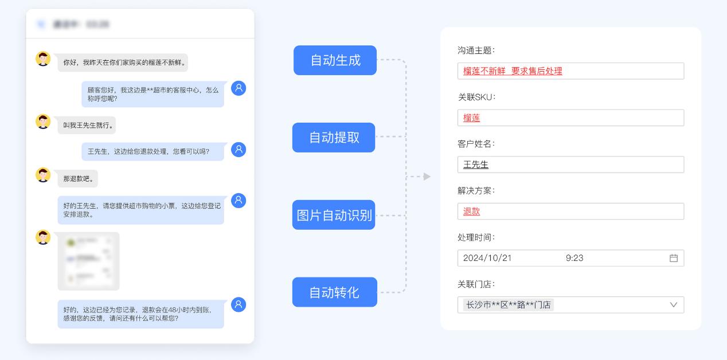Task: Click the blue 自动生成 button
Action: point(335,60)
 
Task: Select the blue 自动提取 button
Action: point(334,138)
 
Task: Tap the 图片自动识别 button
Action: point(334,215)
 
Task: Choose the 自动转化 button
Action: point(334,292)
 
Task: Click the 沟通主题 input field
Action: point(570,71)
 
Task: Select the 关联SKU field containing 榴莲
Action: point(570,118)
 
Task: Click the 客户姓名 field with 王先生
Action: point(570,165)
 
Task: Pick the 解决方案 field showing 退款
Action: point(570,212)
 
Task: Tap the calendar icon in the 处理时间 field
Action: point(674,258)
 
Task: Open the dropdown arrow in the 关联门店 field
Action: point(674,305)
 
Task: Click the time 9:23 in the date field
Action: point(574,258)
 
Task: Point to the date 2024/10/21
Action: point(487,258)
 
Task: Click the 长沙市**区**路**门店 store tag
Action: point(509,305)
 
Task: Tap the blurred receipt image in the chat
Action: point(88,261)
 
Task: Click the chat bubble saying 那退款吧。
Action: point(78,179)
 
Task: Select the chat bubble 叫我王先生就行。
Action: point(87,125)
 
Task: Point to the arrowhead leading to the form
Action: point(427,177)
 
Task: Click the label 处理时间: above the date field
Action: point(476,237)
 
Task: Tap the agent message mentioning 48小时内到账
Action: point(140,314)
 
